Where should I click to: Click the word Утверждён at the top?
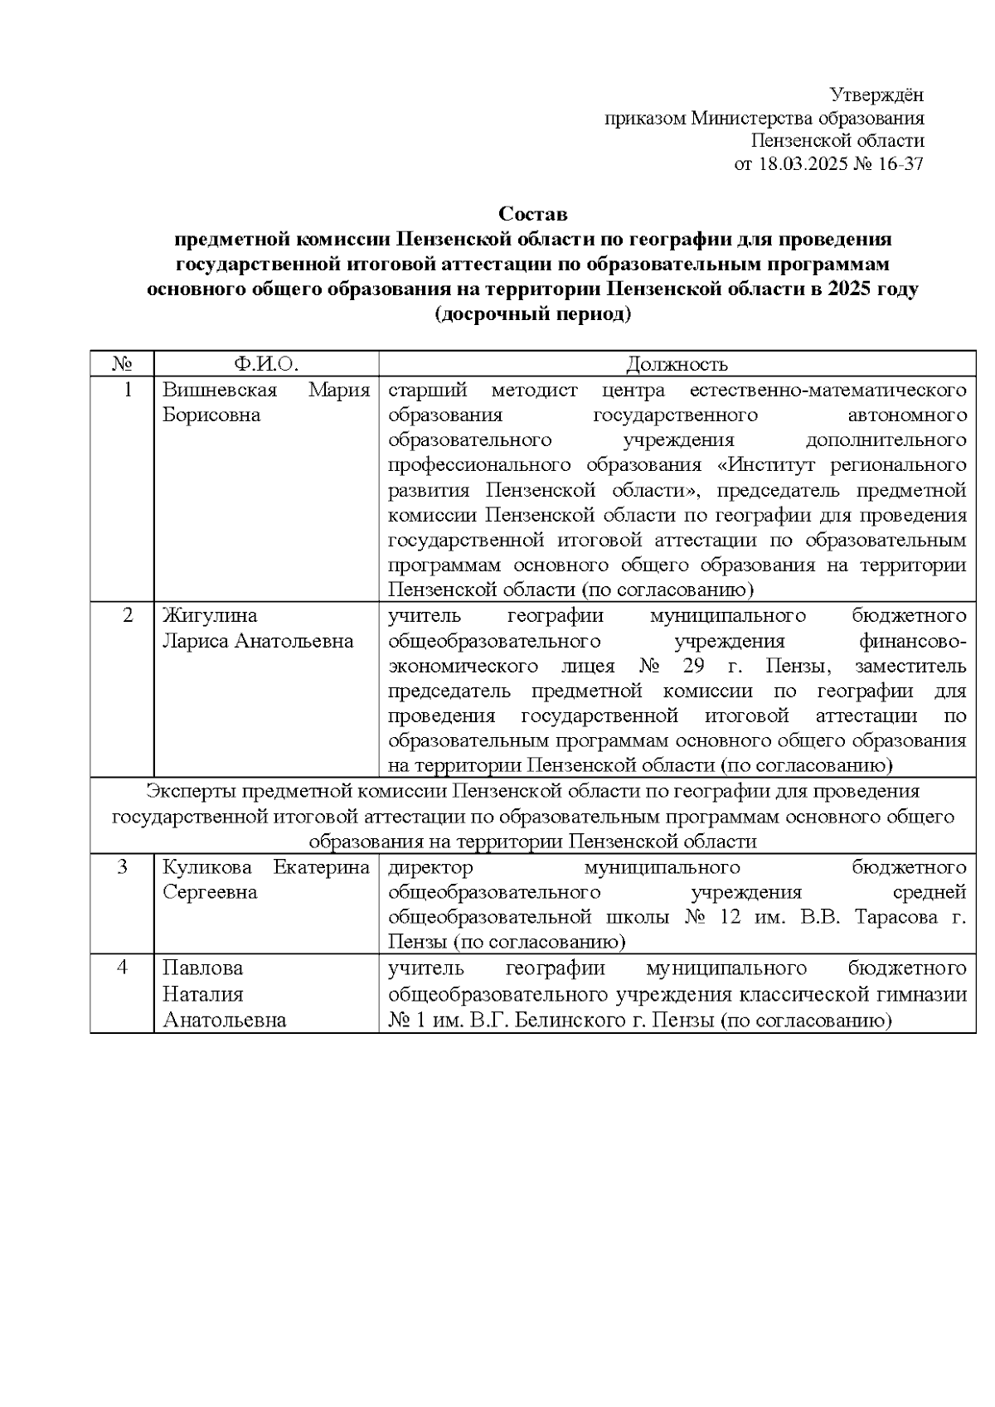[x=877, y=95]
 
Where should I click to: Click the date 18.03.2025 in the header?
[x=802, y=164]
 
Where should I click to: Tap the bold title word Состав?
[x=533, y=215]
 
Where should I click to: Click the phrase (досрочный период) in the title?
[x=533, y=315]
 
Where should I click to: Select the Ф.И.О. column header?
[x=266, y=364]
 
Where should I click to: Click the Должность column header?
[x=677, y=364]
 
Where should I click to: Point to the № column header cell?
[x=122, y=364]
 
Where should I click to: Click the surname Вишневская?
[x=220, y=390]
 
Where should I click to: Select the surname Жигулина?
[x=210, y=616]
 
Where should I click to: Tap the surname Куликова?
[x=207, y=868]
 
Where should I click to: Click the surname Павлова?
[x=202, y=968]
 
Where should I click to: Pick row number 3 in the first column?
[x=123, y=868]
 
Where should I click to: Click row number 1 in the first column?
[x=128, y=390]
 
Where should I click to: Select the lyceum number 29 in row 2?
[x=694, y=667]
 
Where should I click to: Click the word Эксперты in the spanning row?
[x=190, y=792]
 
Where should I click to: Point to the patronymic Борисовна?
[x=211, y=415]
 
